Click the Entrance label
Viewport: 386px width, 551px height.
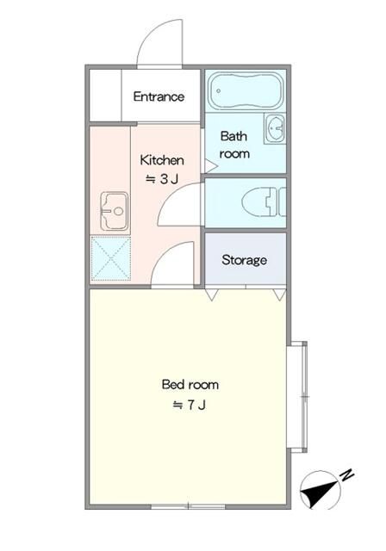159,96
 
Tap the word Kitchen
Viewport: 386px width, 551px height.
162,160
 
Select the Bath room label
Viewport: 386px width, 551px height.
234,145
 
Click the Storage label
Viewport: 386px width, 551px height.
245,260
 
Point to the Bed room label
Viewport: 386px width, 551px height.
190,384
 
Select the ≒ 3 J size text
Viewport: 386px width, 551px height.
161,179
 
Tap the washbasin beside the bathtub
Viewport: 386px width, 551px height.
276,128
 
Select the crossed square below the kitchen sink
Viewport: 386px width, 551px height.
110,258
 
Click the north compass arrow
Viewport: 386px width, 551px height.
321,492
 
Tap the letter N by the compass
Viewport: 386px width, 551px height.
346,474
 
